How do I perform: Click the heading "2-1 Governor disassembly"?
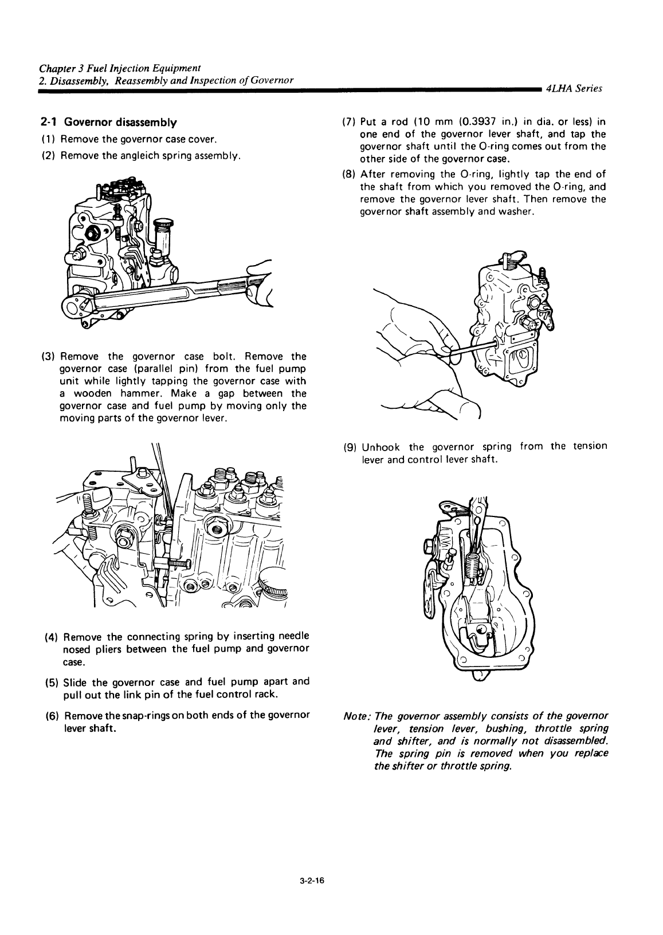point(108,123)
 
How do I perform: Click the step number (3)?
point(48,357)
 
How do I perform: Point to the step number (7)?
point(348,122)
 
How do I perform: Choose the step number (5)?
point(50,682)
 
